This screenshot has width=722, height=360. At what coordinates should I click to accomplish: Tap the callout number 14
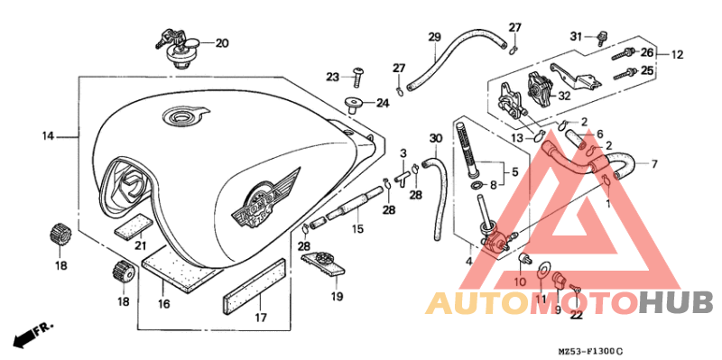click(49, 136)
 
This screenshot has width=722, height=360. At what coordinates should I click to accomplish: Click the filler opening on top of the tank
click(181, 115)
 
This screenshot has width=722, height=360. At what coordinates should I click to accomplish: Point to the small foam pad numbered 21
click(133, 226)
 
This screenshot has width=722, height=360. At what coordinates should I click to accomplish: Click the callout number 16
click(163, 304)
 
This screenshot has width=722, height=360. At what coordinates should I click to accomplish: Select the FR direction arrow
click(32, 333)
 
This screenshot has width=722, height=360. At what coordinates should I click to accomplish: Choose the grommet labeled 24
click(354, 105)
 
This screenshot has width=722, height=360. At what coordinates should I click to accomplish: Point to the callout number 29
click(434, 37)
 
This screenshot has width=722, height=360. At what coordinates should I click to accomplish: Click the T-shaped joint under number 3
click(403, 179)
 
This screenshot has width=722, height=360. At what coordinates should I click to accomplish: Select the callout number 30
click(436, 138)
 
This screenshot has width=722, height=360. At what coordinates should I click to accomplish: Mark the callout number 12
click(677, 55)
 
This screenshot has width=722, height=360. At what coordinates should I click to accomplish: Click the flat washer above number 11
click(543, 268)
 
